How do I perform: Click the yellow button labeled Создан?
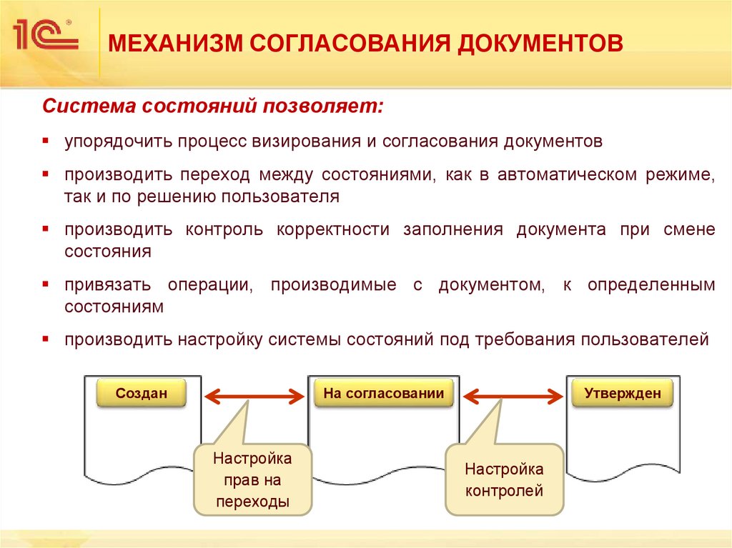(x=142, y=393)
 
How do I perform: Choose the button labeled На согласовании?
(x=383, y=393)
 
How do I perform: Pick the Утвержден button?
(x=623, y=393)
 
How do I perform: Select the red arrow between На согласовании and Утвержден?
(x=510, y=394)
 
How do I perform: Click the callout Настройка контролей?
(x=504, y=479)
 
